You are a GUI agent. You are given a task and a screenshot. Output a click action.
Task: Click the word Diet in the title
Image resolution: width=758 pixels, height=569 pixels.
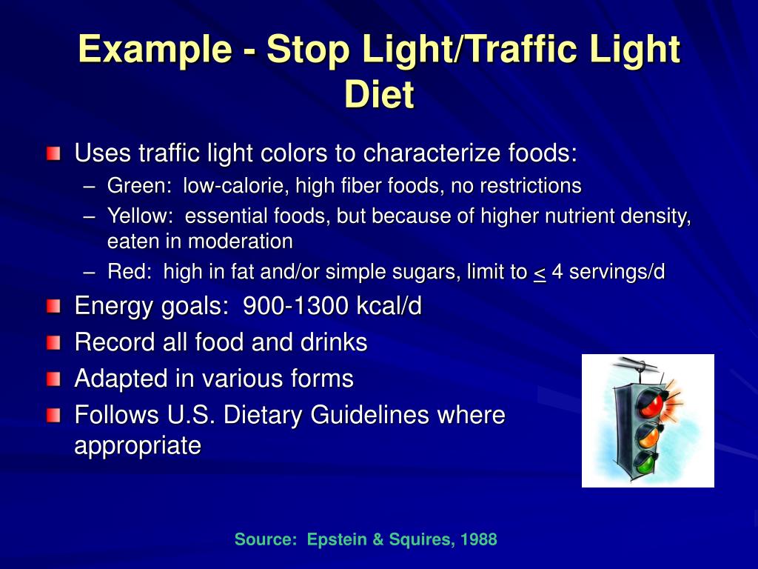click(x=379, y=94)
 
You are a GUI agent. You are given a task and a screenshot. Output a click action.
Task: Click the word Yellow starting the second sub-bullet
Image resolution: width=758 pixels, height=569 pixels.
click(x=140, y=216)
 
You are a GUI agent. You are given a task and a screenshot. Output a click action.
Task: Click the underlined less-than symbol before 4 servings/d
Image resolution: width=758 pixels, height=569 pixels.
click(x=540, y=272)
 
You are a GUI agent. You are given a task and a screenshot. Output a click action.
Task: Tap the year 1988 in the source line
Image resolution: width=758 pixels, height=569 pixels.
click(x=478, y=539)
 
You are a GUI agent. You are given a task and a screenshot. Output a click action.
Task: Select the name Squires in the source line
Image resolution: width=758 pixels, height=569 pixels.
click(x=415, y=539)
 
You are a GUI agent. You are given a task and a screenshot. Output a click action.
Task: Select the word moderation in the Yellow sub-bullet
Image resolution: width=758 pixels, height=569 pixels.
click(x=240, y=241)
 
